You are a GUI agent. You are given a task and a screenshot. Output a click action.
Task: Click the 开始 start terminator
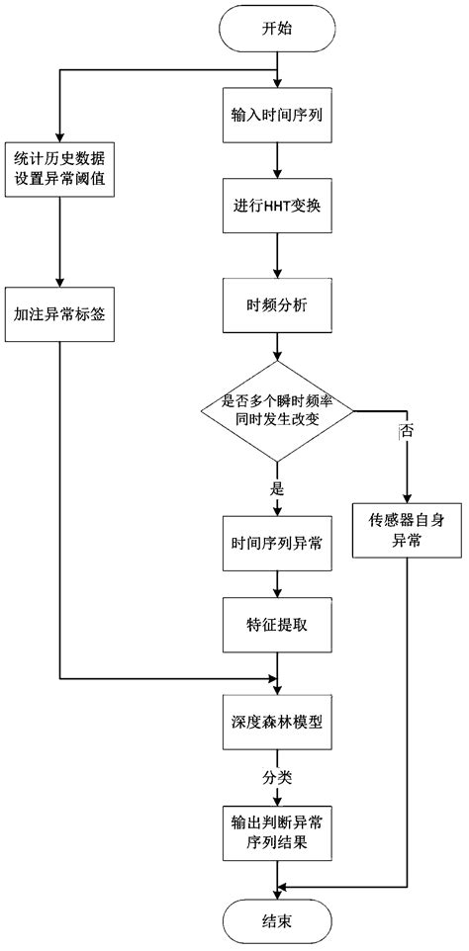278,31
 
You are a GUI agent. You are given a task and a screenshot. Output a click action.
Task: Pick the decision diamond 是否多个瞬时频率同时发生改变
278,409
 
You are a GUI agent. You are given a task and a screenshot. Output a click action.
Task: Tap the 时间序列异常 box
278,543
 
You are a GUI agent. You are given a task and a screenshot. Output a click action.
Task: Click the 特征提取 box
278,627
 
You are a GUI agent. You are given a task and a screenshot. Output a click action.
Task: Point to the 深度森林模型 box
278,723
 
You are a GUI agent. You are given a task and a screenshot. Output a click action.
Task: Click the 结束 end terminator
278,918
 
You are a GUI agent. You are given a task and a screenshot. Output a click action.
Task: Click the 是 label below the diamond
278,487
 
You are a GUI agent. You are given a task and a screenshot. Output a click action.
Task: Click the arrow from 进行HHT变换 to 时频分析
278,260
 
